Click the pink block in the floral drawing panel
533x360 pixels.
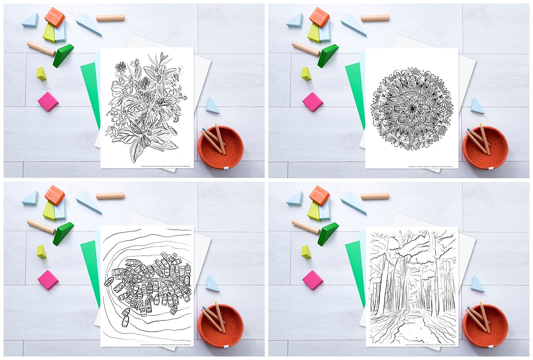click(x=48, y=101)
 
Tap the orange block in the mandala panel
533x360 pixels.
click(x=319, y=17)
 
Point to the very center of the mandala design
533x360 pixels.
click(x=412, y=107)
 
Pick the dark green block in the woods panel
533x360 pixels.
click(x=328, y=234)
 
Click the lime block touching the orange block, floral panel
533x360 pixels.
click(x=49, y=33)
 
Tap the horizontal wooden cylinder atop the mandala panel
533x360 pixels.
click(x=375, y=17)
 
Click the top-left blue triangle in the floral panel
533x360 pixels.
click(x=30, y=20)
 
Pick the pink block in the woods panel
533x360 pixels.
click(x=312, y=279)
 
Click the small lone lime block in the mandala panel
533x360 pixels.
click(x=306, y=74)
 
